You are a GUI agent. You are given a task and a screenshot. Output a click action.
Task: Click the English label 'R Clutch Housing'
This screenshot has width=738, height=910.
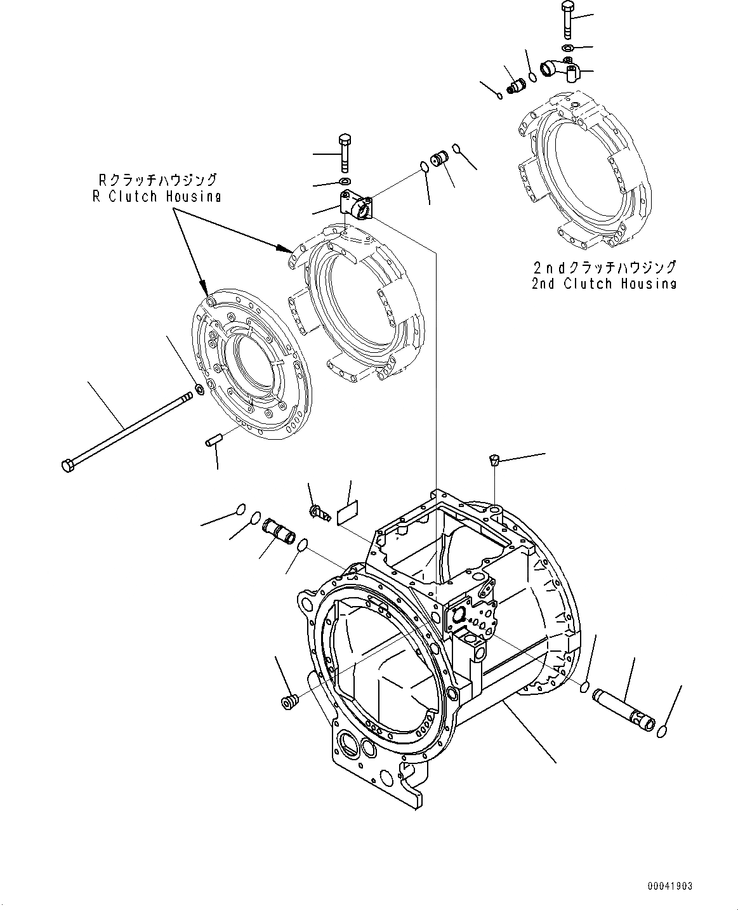tap(156, 196)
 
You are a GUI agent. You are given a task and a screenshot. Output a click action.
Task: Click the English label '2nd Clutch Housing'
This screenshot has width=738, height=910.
tap(603, 284)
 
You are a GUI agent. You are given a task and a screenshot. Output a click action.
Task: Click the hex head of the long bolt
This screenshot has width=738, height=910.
tap(67, 466)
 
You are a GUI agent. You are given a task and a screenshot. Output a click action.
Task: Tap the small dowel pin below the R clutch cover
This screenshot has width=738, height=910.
tap(213, 441)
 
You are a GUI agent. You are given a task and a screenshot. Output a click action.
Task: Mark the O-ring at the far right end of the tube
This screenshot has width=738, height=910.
tap(662, 732)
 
